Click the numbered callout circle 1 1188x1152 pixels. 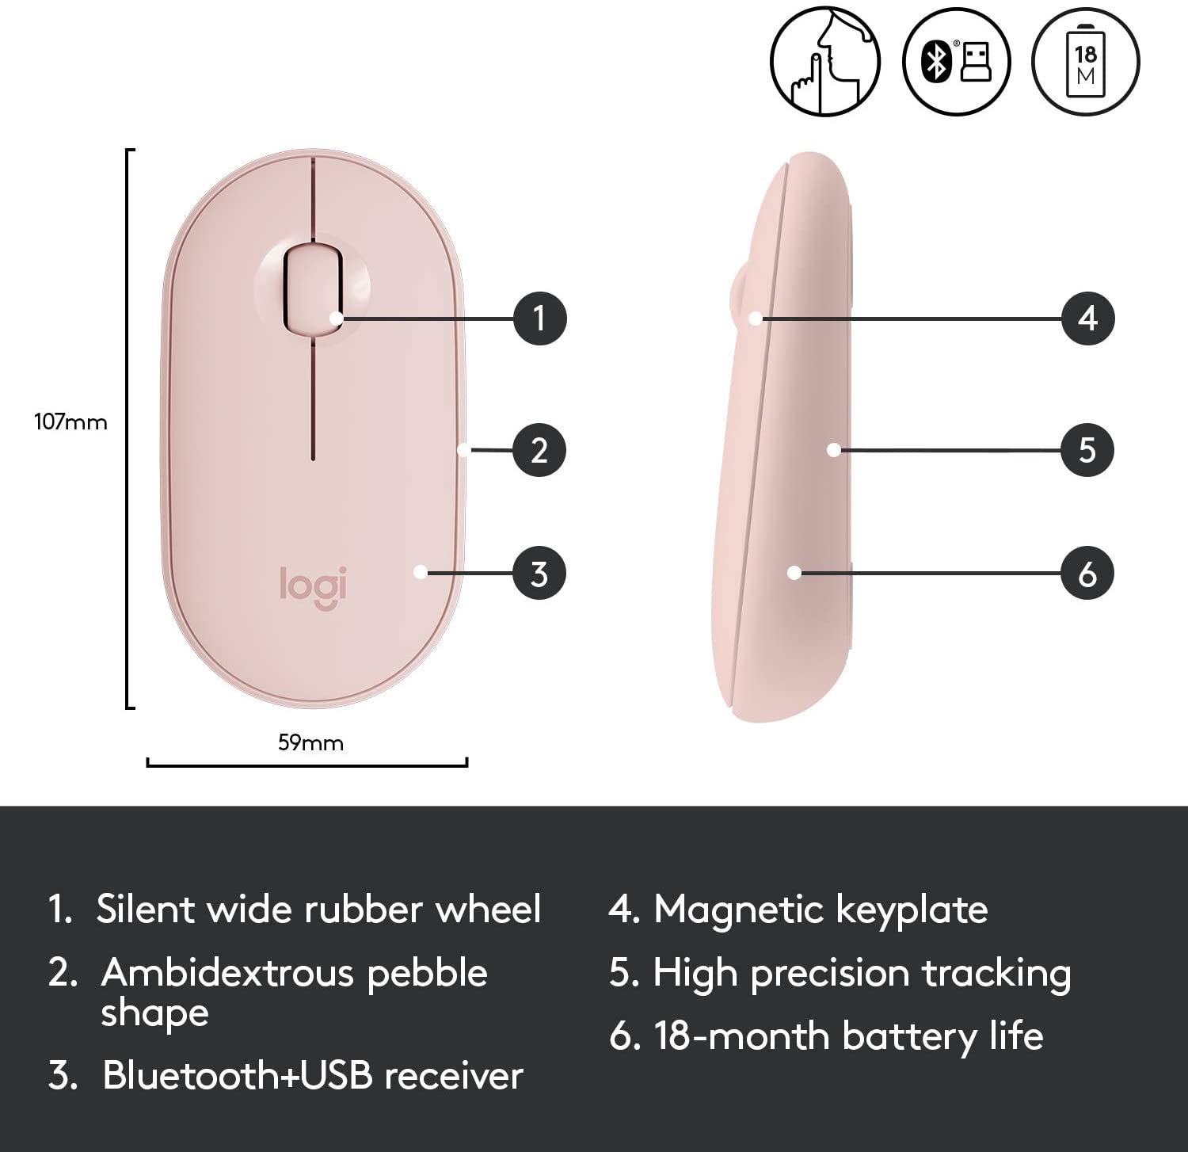point(539,319)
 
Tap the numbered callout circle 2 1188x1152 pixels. point(539,450)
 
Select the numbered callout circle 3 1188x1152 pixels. point(539,574)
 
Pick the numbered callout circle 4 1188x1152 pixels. point(1088,319)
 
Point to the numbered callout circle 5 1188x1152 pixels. point(1088,450)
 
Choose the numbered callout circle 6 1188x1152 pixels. point(1088,574)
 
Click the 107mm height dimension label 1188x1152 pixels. point(70,422)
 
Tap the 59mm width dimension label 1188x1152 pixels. point(310,742)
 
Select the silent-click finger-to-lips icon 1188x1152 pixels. point(825,62)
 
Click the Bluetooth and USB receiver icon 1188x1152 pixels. point(956,62)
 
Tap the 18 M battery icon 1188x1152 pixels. point(1086,62)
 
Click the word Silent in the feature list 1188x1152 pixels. point(146,909)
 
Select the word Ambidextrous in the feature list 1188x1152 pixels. point(227,972)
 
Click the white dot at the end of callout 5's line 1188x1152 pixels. point(833,450)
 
